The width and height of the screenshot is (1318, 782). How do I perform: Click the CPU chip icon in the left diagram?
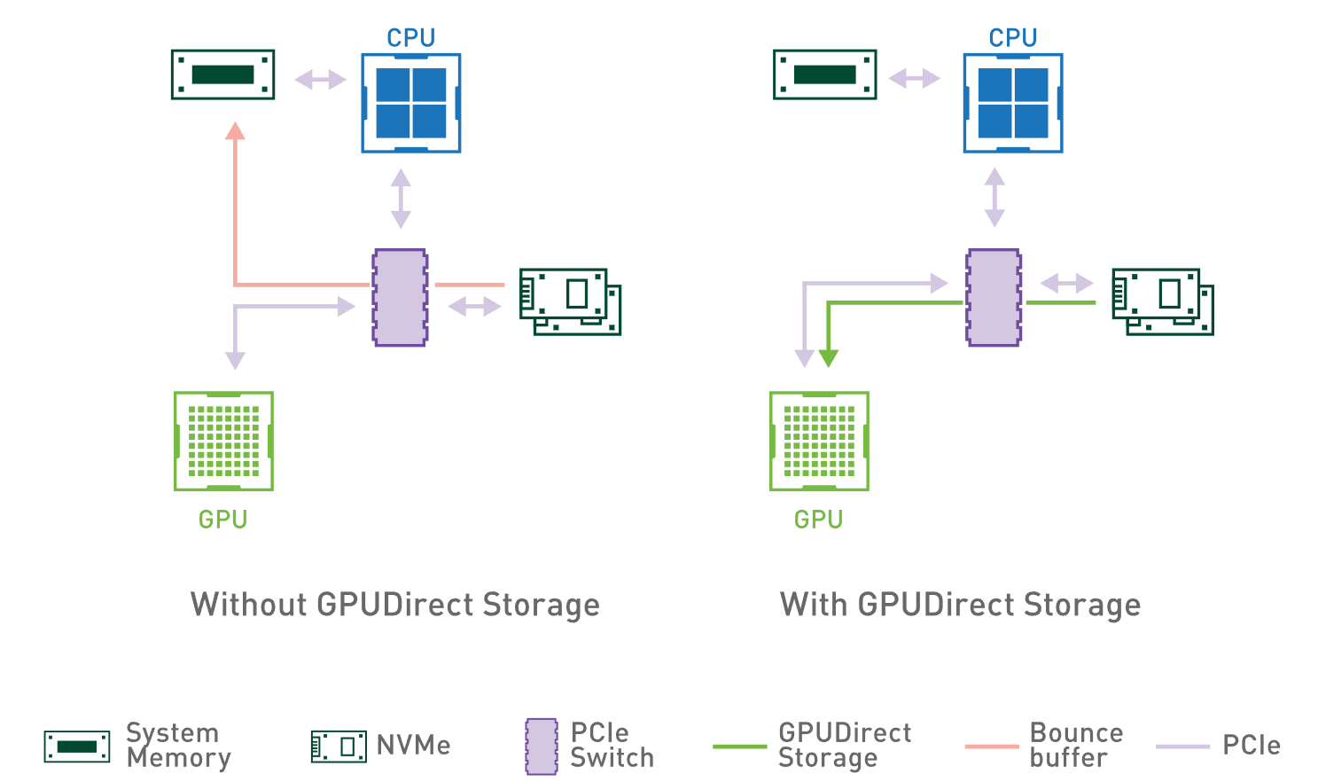(x=410, y=103)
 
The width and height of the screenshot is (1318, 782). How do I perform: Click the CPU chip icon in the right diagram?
(x=1012, y=103)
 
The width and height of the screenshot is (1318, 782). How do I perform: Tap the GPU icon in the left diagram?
(x=223, y=441)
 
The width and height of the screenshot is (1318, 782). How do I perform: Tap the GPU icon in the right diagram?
(x=819, y=441)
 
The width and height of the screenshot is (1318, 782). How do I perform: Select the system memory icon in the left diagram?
(x=222, y=74)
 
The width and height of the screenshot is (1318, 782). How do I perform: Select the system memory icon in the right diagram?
(x=824, y=74)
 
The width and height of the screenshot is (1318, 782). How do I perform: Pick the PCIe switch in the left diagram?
(x=400, y=297)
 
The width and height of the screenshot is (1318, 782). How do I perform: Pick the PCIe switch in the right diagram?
(x=994, y=297)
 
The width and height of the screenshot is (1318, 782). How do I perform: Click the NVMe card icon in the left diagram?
(x=569, y=301)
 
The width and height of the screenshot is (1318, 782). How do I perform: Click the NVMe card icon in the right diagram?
(x=1162, y=301)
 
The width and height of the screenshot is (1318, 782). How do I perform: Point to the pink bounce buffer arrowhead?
(x=235, y=132)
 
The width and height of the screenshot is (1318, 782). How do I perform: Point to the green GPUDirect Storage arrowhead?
(x=828, y=358)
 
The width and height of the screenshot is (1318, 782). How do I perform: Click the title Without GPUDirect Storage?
(x=395, y=605)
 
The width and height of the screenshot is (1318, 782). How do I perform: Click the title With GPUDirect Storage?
(x=960, y=605)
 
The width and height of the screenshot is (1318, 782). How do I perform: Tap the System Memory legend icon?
(x=77, y=747)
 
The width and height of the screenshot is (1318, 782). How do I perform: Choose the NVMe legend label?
(x=413, y=746)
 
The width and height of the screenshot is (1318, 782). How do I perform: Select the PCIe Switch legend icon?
(x=542, y=747)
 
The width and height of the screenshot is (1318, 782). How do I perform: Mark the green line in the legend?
(x=739, y=747)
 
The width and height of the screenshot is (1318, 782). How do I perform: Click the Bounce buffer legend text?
(x=1076, y=745)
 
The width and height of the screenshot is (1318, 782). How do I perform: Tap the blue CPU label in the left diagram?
(x=410, y=38)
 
